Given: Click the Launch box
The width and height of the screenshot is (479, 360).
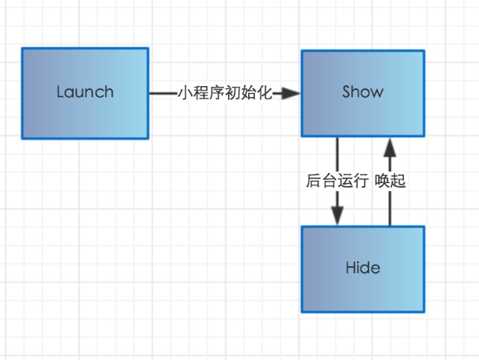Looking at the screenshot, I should [x=85, y=93].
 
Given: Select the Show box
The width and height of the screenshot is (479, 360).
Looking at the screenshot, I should [x=362, y=93].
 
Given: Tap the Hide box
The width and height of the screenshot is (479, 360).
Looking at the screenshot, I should [x=362, y=269].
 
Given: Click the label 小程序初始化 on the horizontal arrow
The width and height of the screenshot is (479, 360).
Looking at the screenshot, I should [x=225, y=93].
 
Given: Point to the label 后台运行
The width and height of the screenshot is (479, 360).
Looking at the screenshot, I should [x=337, y=181].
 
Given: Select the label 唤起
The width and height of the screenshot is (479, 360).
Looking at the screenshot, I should [x=390, y=181].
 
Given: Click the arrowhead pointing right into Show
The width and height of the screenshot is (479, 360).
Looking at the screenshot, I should [x=291, y=93].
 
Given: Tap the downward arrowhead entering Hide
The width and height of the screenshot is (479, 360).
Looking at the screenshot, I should [x=337, y=216].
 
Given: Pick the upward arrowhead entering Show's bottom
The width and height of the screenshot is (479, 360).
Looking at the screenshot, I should [x=390, y=146].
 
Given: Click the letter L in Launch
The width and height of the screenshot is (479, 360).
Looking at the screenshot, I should [x=60, y=92].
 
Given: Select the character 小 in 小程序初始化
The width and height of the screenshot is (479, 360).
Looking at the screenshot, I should [x=185, y=93].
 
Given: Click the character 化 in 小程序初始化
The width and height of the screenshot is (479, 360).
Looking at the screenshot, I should [x=265, y=93].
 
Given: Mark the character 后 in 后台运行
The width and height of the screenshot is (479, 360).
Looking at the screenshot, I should [x=313, y=181].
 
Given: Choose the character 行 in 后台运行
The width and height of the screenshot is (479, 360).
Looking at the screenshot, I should [x=360, y=181].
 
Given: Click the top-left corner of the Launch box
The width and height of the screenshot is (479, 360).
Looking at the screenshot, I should [x=22, y=49].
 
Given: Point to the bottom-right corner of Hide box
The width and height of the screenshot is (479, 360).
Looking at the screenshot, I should [x=424, y=312].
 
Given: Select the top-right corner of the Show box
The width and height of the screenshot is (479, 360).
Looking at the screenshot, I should [x=424, y=50].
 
